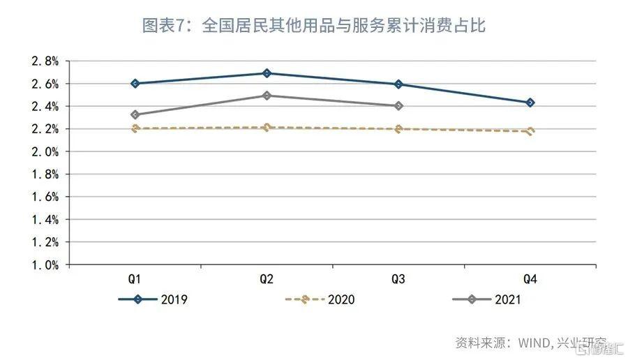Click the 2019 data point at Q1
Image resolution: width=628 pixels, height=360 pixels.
tap(135, 84)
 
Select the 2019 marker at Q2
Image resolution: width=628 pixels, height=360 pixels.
tap(267, 73)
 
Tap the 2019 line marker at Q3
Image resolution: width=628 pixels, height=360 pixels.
tap(398, 84)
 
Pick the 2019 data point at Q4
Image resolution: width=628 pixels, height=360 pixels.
tap(530, 103)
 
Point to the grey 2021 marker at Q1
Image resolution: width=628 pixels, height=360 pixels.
tap(135, 114)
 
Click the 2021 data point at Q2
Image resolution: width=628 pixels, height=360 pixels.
tap(267, 96)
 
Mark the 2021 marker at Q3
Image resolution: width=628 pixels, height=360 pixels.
tap(398, 106)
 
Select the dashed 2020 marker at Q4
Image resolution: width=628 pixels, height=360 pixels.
tap(530, 131)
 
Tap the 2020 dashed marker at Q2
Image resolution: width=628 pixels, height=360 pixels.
tap(267, 127)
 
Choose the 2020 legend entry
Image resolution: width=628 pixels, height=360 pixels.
tap(321, 300)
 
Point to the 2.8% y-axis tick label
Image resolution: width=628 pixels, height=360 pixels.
tap(45, 61)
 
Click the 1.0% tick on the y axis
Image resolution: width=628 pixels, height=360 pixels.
tap(45, 265)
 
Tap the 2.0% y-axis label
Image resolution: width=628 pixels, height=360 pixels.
tap(45, 151)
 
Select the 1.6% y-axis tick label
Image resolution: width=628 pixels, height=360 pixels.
tap(45, 197)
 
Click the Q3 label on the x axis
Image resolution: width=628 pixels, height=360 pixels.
tap(398, 279)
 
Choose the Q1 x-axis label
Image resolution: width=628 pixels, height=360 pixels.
tap(135, 279)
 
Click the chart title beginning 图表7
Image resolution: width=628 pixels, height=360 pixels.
tap(313, 26)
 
